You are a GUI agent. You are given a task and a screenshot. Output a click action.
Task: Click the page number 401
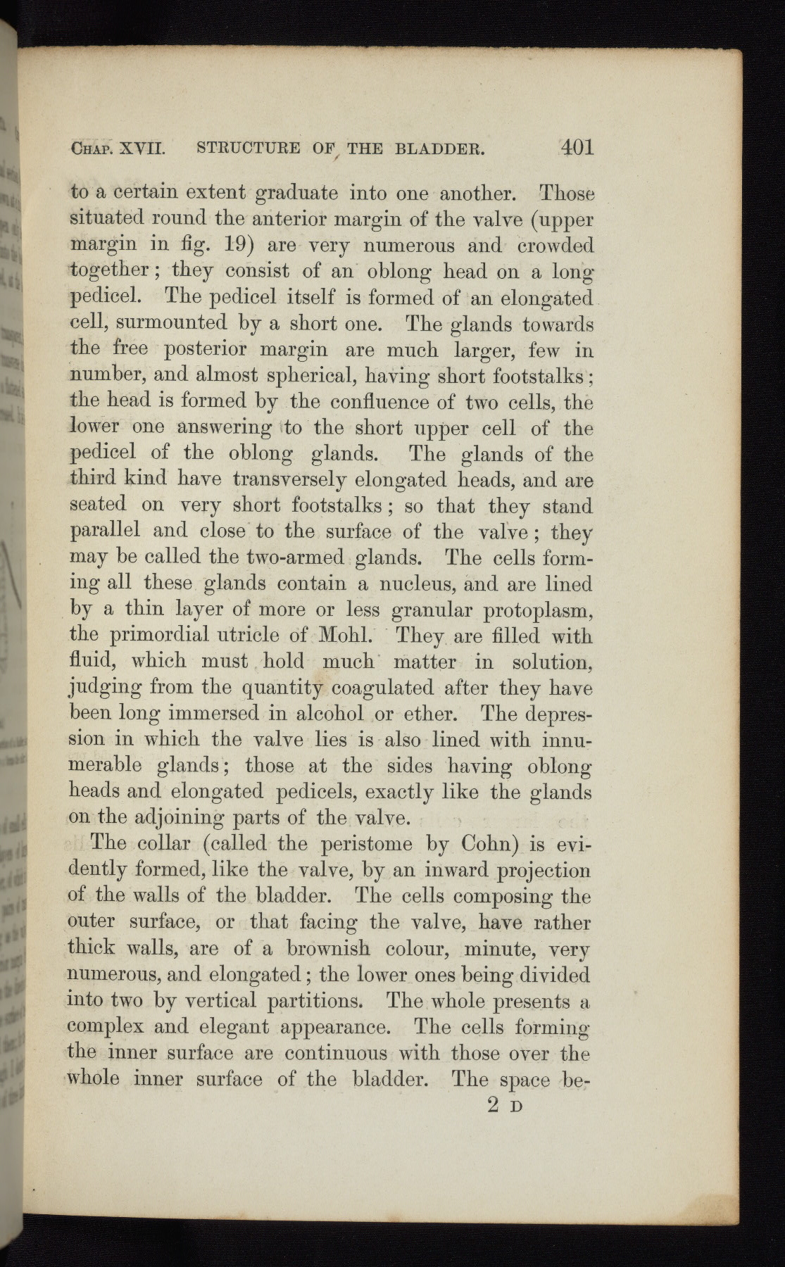(577, 147)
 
